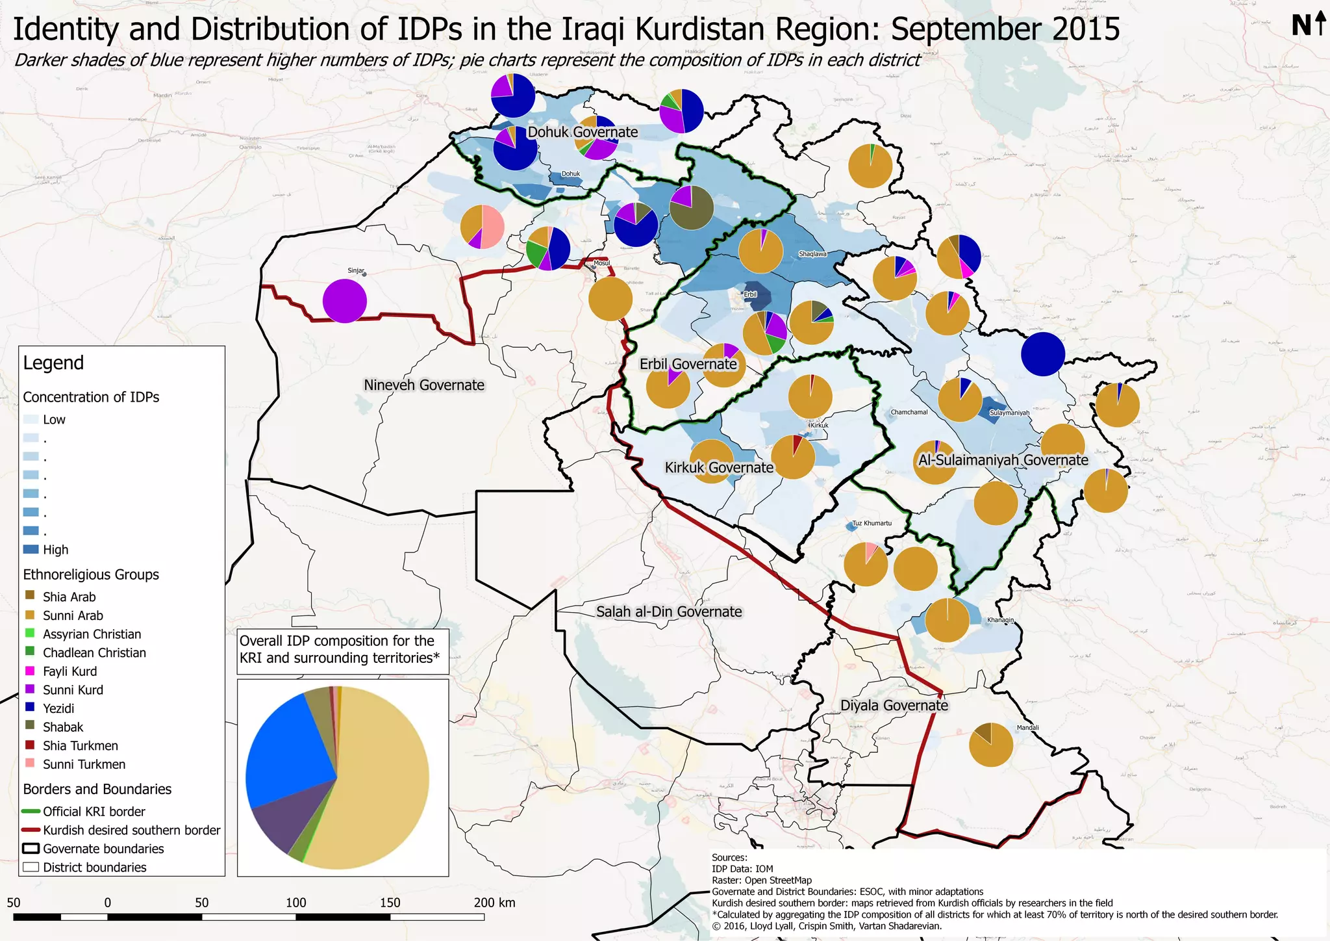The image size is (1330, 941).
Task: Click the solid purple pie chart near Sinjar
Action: [x=345, y=301]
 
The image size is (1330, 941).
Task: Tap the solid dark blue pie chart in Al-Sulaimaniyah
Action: [x=1043, y=354]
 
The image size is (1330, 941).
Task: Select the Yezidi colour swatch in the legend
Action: [x=30, y=708]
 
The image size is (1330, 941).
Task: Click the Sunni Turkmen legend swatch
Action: [x=30, y=764]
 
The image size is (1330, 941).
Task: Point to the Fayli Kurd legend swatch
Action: [x=30, y=671]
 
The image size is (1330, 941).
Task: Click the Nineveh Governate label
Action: [x=424, y=385]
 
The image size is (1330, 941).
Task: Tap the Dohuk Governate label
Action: [x=583, y=132]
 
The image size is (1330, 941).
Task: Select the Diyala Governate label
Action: [x=894, y=705]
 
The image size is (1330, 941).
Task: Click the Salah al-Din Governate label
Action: [x=669, y=612]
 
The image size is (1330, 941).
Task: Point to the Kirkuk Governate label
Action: [x=719, y=467]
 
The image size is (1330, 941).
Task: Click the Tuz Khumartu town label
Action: [x=872, y=523]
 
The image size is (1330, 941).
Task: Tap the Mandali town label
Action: [x=1027, y=728]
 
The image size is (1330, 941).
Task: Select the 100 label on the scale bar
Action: [x=296, y=903]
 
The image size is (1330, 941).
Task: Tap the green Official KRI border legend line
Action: [x=31, y=811]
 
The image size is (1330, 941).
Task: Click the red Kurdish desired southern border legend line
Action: [x=31, y=830]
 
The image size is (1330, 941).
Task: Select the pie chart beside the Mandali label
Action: [x=990, y=745]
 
